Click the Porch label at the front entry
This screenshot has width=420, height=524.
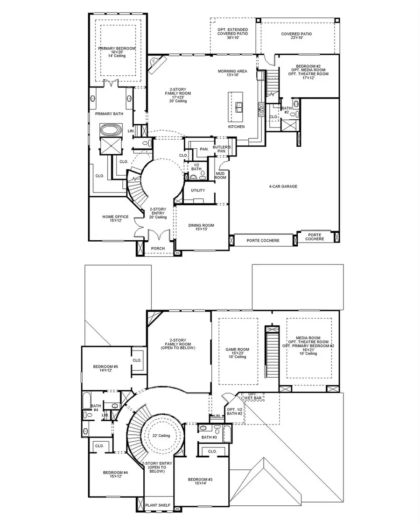pos(158,248)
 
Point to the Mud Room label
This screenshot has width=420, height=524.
pos(220,175)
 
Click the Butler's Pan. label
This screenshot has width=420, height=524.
pos(220,149)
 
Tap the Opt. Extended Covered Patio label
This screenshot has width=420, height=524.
pos(232,34)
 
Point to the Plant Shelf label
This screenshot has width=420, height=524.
pos(158,505)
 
